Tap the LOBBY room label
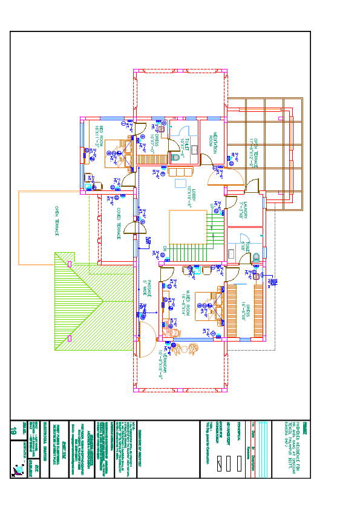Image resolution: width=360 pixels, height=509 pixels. pyautogui.click(x=189, y=195)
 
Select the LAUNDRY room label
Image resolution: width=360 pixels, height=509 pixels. pyautogui.click(x=245, y=209)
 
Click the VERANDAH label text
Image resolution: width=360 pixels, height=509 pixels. pyautogui.click(x=161, y=361)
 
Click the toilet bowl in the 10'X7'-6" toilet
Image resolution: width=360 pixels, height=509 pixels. pyautogui.click(x=176, y=157)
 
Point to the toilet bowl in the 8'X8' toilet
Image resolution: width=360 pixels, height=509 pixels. pyautogui.click(x=255, y=256)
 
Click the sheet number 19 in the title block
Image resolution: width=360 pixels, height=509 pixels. pyautogui.click(x=13, y=431)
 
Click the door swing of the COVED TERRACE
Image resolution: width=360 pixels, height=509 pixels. pyautogui.click(x=139, y=223)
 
